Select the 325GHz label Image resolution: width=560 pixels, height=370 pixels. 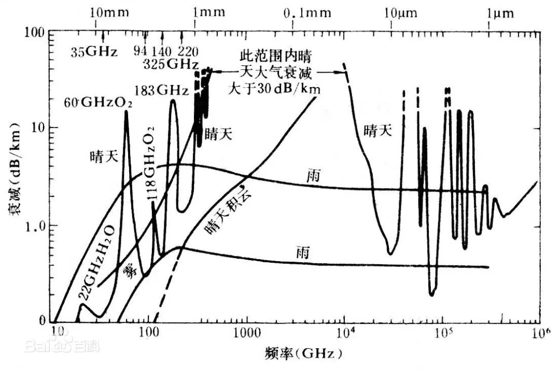click(170, 64)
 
